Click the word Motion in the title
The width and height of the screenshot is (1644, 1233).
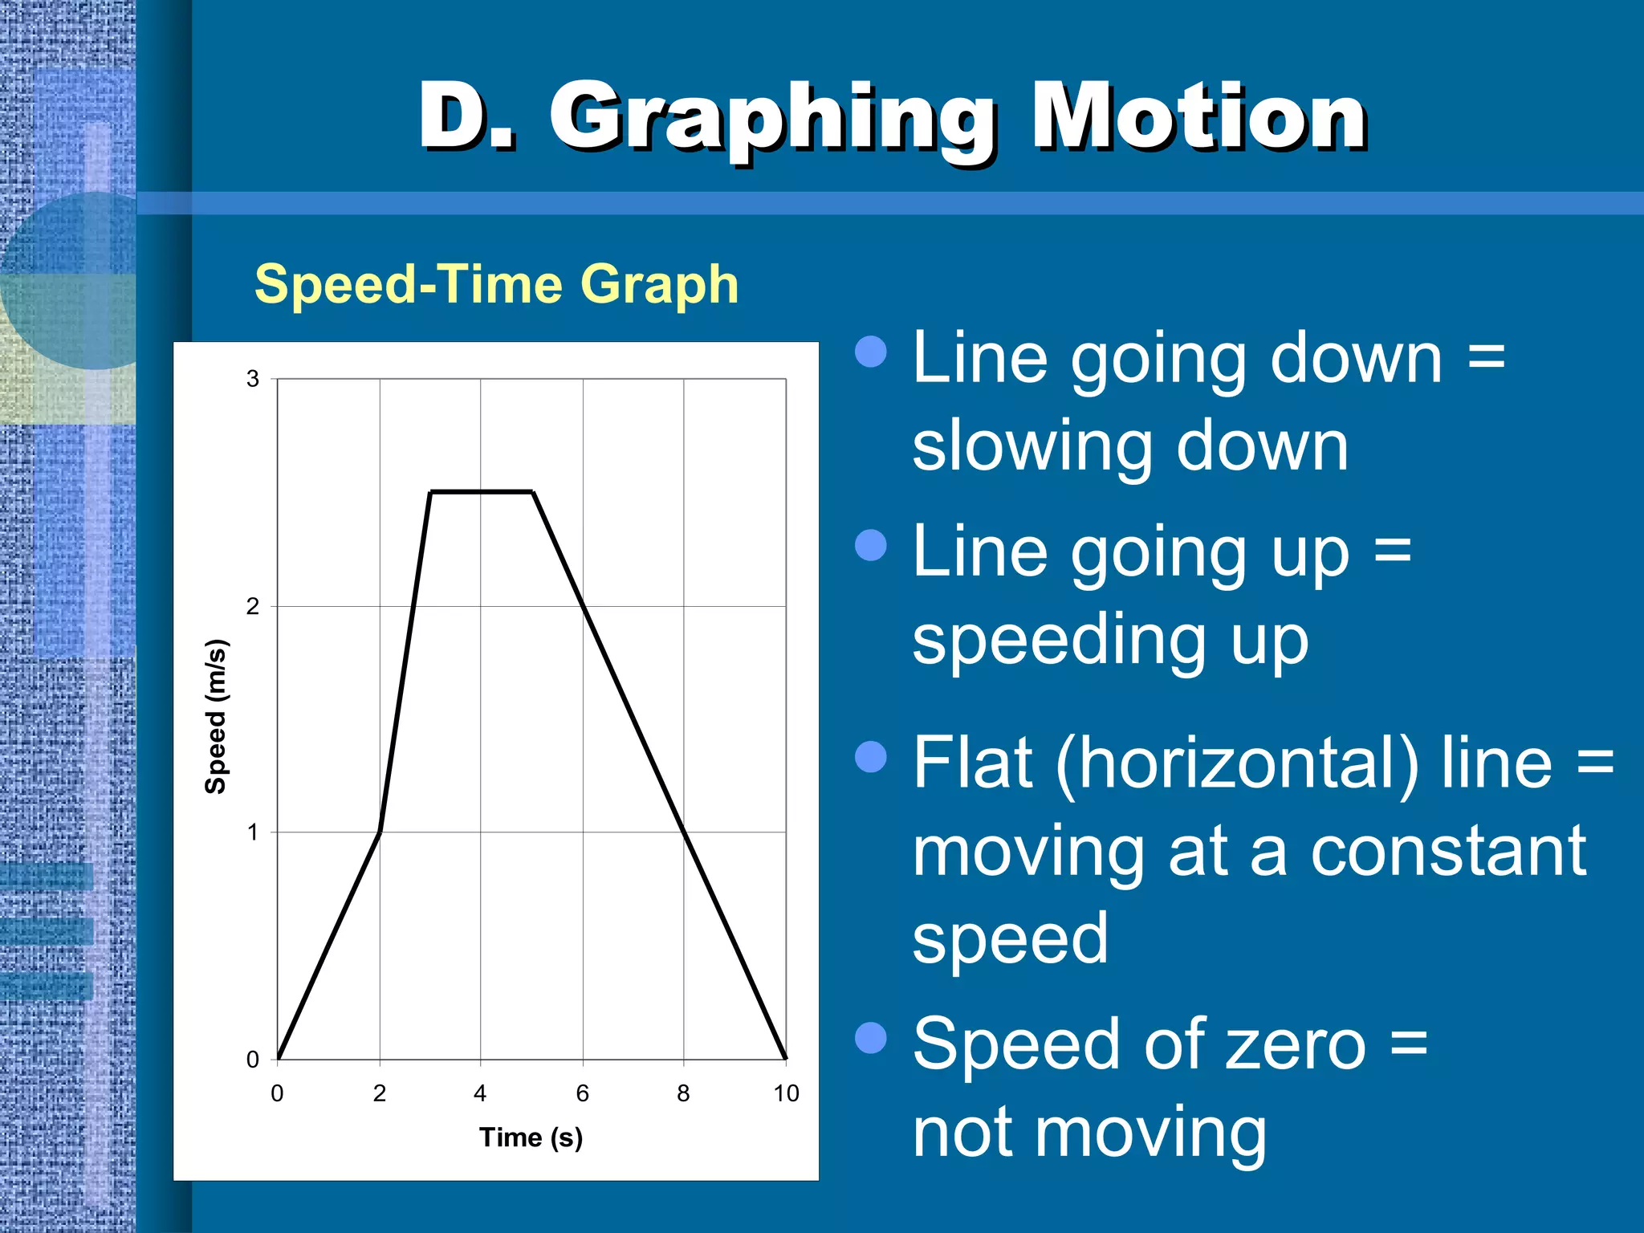click(1199, 118)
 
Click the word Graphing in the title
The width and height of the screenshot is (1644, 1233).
click(773, 120)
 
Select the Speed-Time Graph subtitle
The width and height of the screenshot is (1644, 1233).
click(496, 284)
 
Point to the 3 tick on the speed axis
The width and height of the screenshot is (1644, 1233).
click(253, 379)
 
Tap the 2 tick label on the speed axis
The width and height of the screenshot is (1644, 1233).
click(253, 606)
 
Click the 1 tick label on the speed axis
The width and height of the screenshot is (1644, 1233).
click(253, 832)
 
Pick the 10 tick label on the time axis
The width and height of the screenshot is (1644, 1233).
click(786, 1093)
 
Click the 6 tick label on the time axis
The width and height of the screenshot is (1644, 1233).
click(583, 1093)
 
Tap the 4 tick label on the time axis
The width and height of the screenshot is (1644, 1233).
click(480, 1093)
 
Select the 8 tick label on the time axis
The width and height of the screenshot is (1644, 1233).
click(683, 1093)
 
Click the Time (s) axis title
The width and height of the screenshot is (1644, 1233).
click(531, 1137)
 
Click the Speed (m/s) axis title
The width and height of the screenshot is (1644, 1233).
click(216, 717)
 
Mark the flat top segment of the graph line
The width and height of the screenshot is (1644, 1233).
click(482, 492)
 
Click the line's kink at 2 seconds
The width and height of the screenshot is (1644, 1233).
click(380, 832)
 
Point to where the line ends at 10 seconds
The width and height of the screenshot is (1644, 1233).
click(785, 1058)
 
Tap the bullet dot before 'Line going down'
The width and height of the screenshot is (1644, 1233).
click(871, 352)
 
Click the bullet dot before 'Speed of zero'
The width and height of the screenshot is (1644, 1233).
click(871, 1037)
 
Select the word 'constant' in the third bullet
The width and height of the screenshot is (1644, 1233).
click(1449, 852)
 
